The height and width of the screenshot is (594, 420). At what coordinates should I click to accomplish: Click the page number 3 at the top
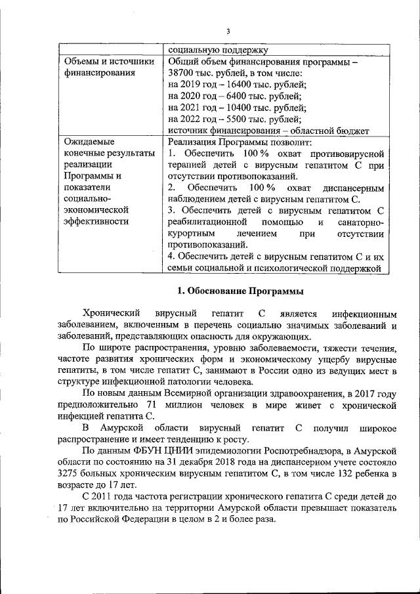(228, 31)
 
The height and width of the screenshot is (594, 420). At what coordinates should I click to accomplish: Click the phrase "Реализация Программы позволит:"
(240, 142)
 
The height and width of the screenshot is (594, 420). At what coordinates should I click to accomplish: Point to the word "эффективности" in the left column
(96, 221)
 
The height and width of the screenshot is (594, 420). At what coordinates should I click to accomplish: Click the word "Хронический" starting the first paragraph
(111, 313)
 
